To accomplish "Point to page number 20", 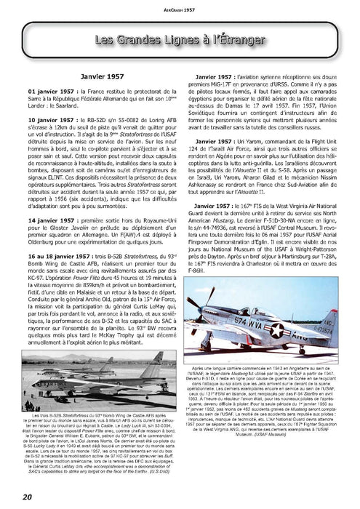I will pyautogui.click(x=15, y=497).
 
